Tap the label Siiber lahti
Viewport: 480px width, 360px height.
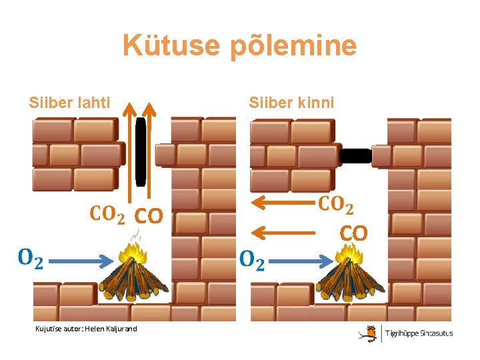coord(69,103)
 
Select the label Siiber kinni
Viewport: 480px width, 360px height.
coord(291,103)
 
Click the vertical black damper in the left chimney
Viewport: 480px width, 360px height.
coord(141,153)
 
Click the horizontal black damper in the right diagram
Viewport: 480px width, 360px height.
coord(355,156)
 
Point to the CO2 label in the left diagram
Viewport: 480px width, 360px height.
coord(107,215)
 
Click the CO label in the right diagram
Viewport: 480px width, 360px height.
coord(354,233)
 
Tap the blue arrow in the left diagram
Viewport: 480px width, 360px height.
coord(79,261)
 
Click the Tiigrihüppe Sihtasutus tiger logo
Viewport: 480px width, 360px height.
coord(368,333)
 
